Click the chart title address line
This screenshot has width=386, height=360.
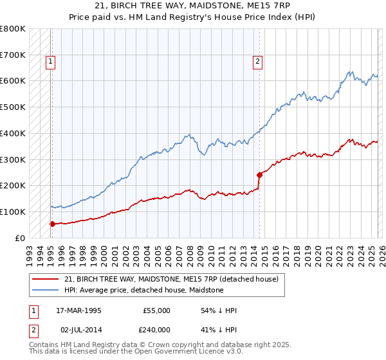[x=192, y=5]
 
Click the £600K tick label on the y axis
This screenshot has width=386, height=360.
[x=13, y=81]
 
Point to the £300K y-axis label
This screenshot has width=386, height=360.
[x=13, y=159]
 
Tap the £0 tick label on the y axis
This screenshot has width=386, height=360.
[x=19, y=238]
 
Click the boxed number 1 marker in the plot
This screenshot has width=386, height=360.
[x=50, y=62]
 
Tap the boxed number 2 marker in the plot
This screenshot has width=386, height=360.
[x=257, y=62]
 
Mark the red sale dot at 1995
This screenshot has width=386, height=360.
[x=52, y=224]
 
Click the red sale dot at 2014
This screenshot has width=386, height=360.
[x=259, y=174]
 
